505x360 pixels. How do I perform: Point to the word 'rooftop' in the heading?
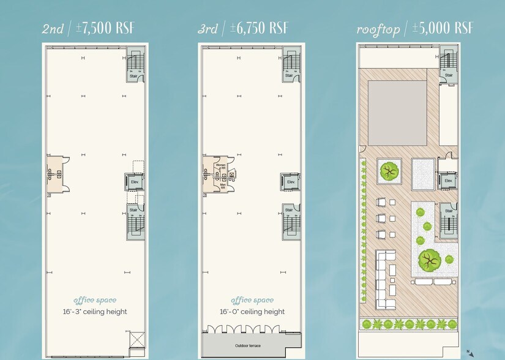(377, 28)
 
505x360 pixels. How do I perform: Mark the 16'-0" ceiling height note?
(252, 312)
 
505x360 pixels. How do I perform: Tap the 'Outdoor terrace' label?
(252, 346)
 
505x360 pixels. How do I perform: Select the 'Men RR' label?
(223, 186)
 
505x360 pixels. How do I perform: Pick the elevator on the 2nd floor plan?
(135, 182)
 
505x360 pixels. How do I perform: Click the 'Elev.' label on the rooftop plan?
(448, 181)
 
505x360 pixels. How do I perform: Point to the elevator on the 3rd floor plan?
(291, 182)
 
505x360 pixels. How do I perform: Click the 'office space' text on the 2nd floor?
(95, 300)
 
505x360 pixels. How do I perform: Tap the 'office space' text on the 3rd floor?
(252, 300)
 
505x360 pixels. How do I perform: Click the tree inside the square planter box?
(388, 171)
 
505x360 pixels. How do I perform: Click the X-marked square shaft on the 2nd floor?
(135, 339)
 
